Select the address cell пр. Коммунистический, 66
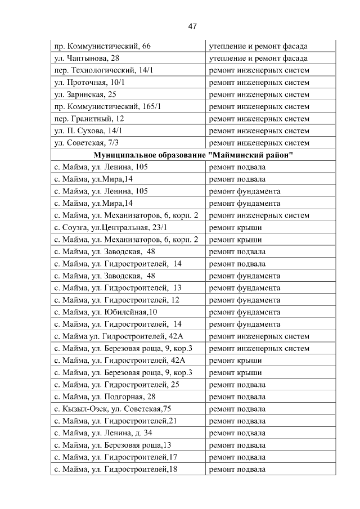(x=102, y=46)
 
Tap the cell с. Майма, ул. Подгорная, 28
(x=104, y=397)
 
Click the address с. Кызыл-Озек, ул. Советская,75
(x=112, y=409)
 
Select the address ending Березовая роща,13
(x=112, y=445)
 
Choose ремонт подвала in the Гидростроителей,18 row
(x=237, y=469)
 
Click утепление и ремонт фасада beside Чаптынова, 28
(x=258, y=58)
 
